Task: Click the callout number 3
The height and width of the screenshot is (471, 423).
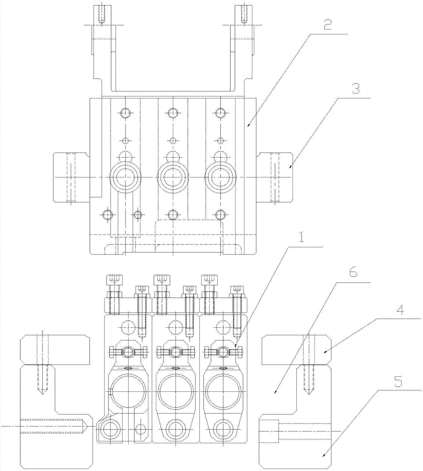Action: (x=355, y=89)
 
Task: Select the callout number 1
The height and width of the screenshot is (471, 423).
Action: (x=301, y=238)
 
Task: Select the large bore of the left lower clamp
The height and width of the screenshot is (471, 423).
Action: (x=128, y=392)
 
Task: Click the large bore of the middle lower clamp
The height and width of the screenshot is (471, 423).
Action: (x=176, y=392)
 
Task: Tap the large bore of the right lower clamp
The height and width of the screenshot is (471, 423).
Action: (x=223, y=392)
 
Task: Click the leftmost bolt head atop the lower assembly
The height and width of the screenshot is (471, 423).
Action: (x=114, y=280)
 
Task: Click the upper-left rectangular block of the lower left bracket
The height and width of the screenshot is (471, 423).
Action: (x=55, y=349)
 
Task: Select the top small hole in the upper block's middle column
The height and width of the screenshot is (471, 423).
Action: (x=172, y=113)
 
